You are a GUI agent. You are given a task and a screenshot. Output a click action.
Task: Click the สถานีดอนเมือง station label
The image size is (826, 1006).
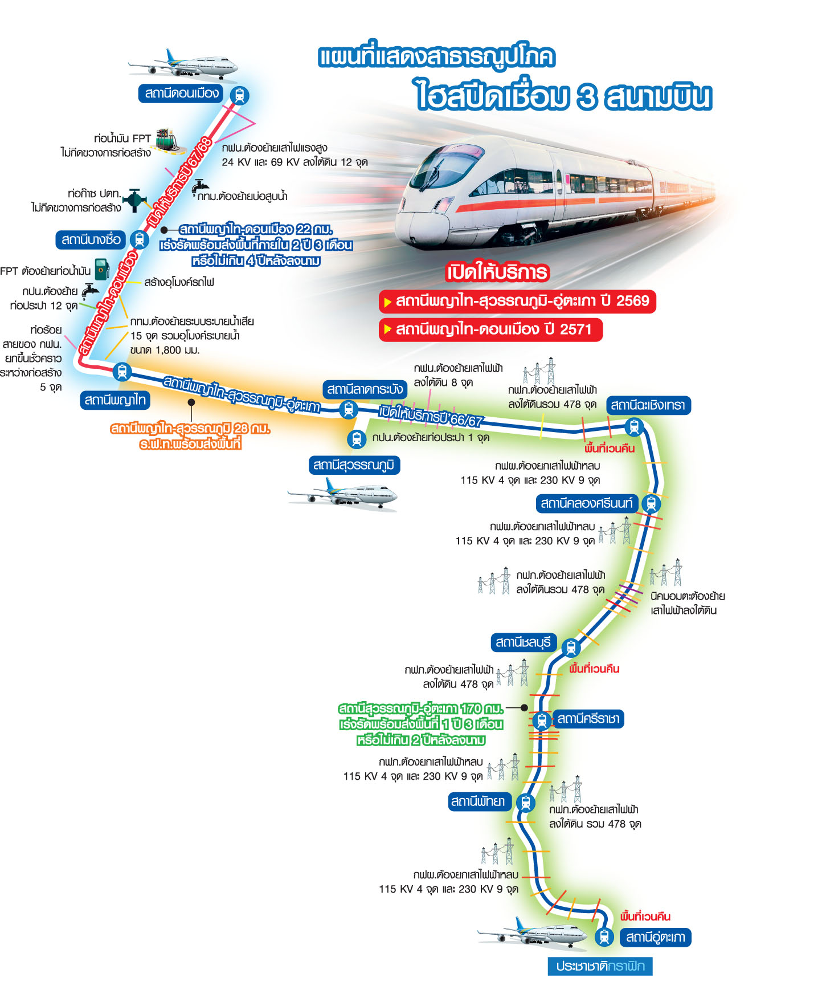(181, 93)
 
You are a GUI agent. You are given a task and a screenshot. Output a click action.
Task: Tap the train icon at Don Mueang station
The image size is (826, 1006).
(240, 95)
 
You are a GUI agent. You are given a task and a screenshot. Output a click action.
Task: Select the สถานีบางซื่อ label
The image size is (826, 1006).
(91, 239)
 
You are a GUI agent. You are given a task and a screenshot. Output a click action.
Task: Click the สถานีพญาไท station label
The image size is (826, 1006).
(115, 400)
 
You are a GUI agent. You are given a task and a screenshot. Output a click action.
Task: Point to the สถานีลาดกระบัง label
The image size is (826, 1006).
(365, 389)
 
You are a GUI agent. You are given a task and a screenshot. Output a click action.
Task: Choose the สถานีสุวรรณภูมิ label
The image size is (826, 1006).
(354, 465)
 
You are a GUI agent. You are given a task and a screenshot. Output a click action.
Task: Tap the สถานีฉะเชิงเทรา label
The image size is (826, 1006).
(648, 405)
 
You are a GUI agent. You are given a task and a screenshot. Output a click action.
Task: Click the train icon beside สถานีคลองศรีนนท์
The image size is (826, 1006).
(651, 504)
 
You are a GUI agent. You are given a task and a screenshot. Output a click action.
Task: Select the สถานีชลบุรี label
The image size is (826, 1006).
(524, 642)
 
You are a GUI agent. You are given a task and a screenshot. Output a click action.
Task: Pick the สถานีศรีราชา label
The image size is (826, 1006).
(588, 719)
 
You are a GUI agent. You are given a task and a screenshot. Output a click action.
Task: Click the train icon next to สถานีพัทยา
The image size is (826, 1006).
(525, 803)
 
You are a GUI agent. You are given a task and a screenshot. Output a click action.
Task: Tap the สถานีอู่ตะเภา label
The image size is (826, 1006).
(655, 937)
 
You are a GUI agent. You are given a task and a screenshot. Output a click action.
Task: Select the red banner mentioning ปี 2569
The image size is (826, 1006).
(517, 301)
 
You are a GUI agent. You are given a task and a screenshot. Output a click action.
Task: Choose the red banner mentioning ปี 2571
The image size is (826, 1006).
(490, 329)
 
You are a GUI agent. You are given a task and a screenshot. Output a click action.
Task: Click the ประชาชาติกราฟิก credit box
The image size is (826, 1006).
(600, 966)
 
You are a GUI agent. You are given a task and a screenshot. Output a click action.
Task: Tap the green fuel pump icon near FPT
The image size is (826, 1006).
(102, 269)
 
